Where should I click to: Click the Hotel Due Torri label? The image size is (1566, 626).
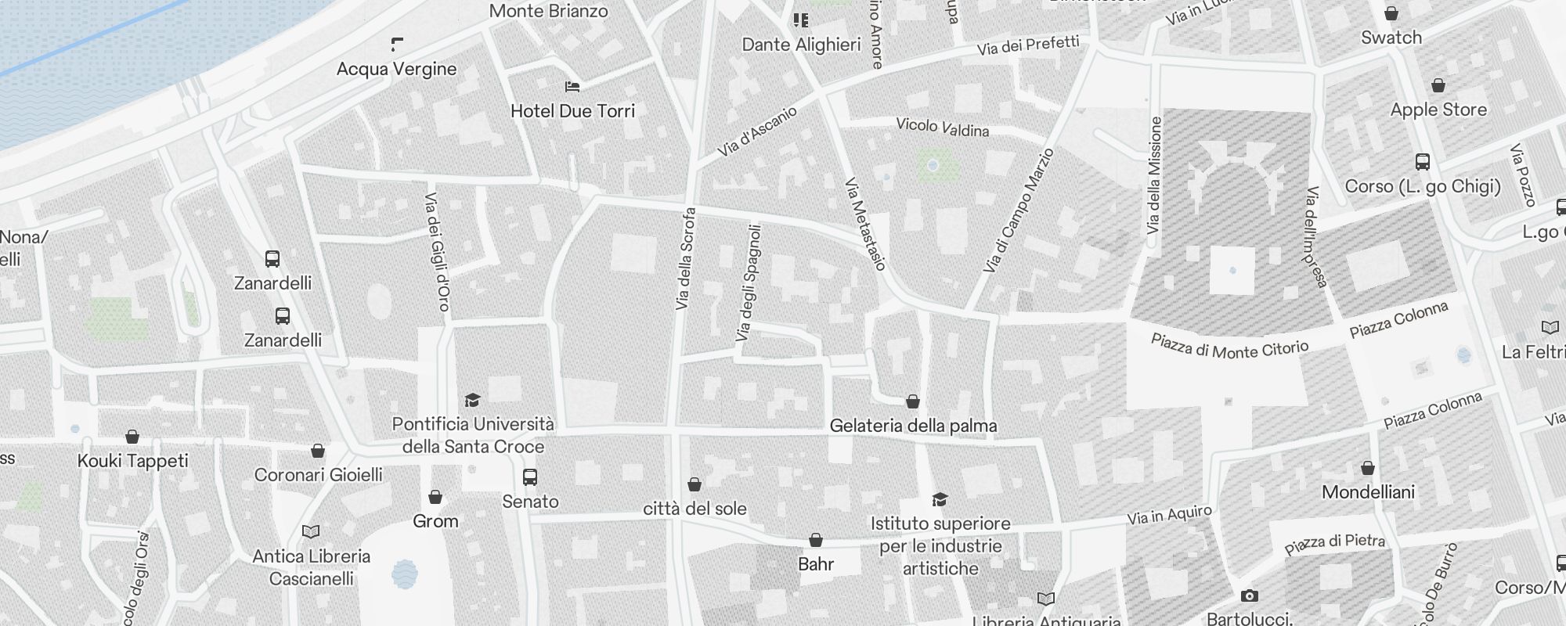click(572, 111)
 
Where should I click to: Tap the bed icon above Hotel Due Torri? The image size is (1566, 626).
click(572, 86)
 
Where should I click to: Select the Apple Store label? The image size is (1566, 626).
click(1438, 110)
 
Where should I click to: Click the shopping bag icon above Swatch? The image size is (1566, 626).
click(1391, 13)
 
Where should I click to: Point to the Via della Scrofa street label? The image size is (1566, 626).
click(684, 258)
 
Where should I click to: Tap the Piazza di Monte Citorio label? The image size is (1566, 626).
click(1229, 347)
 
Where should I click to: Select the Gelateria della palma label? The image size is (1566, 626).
click(913, 426)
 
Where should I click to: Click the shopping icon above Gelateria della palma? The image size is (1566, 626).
click(913, 401)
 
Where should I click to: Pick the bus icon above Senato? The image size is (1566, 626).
click(530, 477)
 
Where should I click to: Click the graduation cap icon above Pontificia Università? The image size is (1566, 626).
click(472, 401)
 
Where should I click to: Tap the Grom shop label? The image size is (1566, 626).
click(435, 521)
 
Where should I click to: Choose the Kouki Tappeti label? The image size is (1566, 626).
click(133, 461)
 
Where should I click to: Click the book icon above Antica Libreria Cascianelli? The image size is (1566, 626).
click(311, 532)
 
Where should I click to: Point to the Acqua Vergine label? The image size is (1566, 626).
click(396, 69)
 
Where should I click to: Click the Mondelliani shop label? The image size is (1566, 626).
click(1368, 492)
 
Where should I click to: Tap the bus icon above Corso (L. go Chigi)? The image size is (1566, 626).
click(1423, 162)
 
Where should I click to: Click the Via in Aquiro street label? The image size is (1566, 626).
click(1169, 515)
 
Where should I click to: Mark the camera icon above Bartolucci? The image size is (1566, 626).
click(1249, 596)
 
